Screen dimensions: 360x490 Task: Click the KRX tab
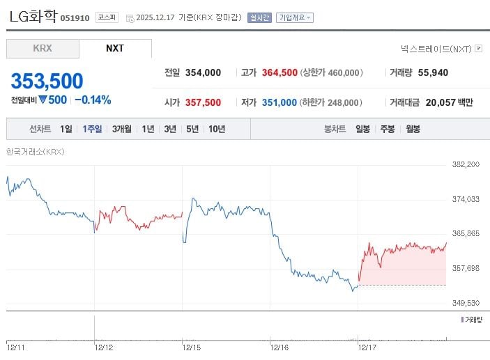[x=43, y=49]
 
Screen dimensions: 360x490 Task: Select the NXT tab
[x=115, y=49]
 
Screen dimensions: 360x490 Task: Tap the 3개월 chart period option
[x=121, y=129]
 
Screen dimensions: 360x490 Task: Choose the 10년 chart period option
[x=216, y=129]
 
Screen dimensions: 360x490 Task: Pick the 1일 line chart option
[x=66, y=129]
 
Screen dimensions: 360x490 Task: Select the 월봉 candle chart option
[x=413, y=129]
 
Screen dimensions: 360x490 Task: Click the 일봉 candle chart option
[x=362, y=129]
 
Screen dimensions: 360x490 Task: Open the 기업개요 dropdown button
[x=295, y=17]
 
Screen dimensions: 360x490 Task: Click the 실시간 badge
[x=259, y=17]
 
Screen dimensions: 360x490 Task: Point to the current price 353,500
[x=47, y=81]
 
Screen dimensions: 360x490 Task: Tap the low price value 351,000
[x=280, y=102]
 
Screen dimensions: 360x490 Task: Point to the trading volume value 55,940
[x=433, y=72]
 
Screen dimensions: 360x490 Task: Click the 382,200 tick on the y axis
[x=466, y=164]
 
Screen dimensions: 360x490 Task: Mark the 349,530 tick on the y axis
[x=466, y=303]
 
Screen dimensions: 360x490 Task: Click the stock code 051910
[x=75, y=18]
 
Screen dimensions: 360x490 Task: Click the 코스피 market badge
[x=107, y=17]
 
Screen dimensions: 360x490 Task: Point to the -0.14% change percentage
[x=93, y=100]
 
